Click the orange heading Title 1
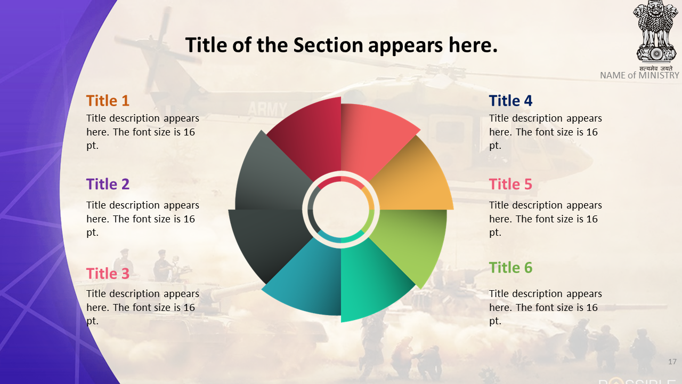108,101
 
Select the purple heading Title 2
108,184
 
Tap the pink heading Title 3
108,274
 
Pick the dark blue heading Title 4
510,101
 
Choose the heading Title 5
510,184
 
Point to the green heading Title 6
510,268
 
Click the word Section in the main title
328,45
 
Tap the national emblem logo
656,32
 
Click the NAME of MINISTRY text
639,75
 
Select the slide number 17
672,362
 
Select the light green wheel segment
411,241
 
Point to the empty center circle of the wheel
341,210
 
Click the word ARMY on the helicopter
267,109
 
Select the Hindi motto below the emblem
656,69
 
